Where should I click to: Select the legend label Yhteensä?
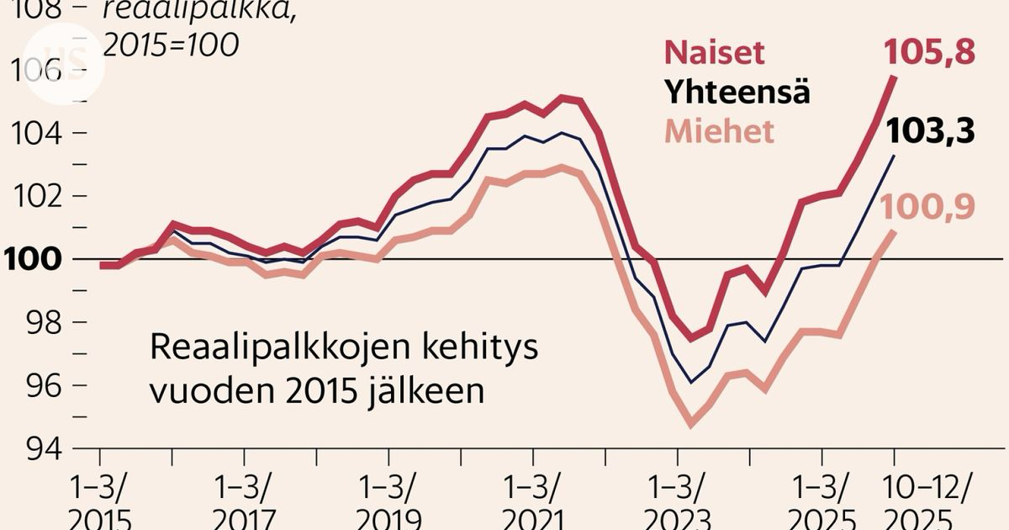pos(737,91)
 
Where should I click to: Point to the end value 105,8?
pos(929,52)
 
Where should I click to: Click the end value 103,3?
pos(929,131)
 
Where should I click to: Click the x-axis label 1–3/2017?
pos(245,502)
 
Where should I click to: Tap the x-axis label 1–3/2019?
pos(388,502)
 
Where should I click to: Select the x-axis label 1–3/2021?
pos(532,502)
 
